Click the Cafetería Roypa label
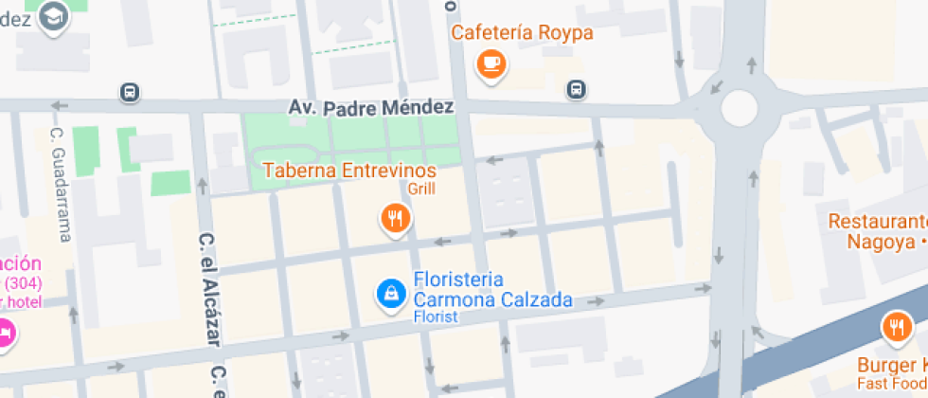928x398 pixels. click(x=522, y=33)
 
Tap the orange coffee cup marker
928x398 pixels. click(x=491, y=63)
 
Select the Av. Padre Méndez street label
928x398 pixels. click(x=371, y=108)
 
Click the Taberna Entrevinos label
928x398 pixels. click(x=349, y=171)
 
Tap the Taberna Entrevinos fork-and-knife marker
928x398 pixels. click(x=395, y=219)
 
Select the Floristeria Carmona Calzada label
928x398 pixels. click(x=492, y=291)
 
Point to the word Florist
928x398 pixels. click(x=436, y=317)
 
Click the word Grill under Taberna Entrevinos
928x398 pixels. click(x=421, y=188)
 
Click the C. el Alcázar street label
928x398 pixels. click(x=208, y=294)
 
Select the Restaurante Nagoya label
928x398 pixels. click(x=877, y=230)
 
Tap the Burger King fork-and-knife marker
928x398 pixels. click(x=895, y=328)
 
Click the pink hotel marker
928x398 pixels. click(x=5, y=334)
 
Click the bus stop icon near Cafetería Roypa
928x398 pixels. click(x=575, y=89)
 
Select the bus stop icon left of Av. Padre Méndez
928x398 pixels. click(x=130, y=92)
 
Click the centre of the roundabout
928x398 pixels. click(x=740, y=108)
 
